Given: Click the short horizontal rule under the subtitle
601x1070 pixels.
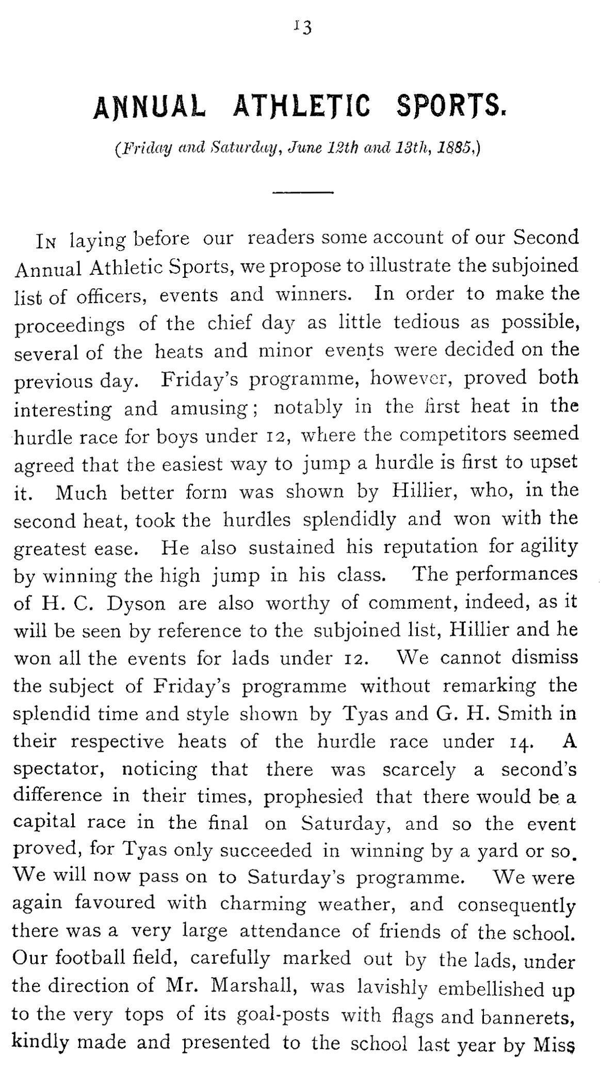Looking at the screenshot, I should (x=303, y=193).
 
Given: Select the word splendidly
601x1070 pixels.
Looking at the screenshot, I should (x=349, y=518).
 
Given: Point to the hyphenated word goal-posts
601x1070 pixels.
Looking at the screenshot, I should (x=282, y=1015).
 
